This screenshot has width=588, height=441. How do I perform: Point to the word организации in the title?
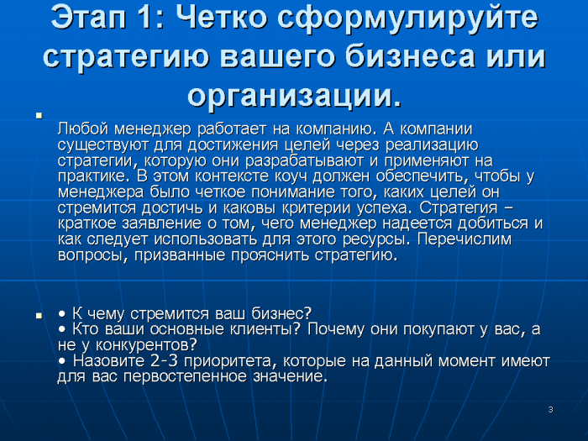[290, 96]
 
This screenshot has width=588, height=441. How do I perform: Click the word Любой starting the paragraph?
[83, 129]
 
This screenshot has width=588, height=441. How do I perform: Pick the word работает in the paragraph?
[231, 129]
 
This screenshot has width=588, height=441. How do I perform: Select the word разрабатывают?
[304, 161]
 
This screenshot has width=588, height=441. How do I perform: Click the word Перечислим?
[465, 239]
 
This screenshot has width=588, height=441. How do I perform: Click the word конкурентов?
[146, 345]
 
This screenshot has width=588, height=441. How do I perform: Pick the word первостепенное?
[185, 377]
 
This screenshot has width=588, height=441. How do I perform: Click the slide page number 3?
[550, 410]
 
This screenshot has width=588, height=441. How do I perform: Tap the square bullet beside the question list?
[39, 316]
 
